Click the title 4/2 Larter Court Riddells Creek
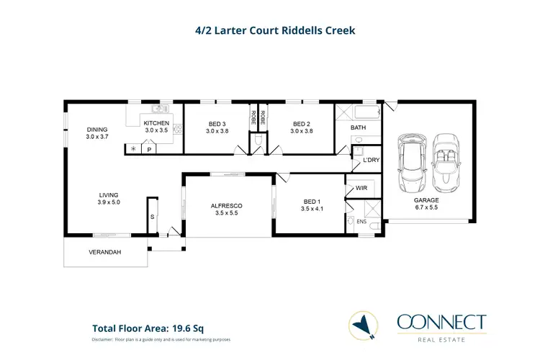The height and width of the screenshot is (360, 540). click(x=269, y=31)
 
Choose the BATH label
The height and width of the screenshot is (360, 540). click(x=359, y=128)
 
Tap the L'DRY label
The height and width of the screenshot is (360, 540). click(x=370, y=160)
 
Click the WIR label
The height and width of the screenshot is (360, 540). click(x=361, y=189)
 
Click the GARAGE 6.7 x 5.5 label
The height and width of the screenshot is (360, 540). click(x=427, y=204)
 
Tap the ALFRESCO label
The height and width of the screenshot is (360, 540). click(x=226, y=210)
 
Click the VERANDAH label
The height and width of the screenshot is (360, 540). click(x=104, y=253)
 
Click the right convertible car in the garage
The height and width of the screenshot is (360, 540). click(x=446, y=161)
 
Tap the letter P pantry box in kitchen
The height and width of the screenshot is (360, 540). click(x=149, y=150)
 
